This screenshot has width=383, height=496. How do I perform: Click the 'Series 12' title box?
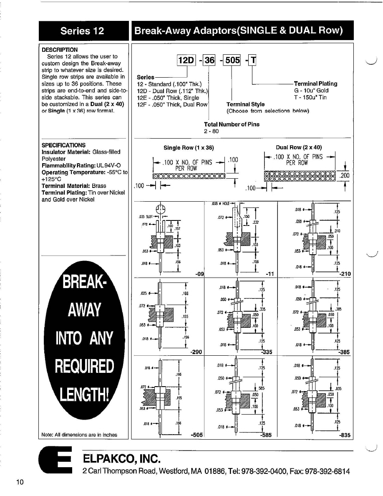coord(82,30)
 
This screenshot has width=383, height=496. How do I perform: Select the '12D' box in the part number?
coord(186,60)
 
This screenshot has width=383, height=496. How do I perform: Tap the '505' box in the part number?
coord(232,60)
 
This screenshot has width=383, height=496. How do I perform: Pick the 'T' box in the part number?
coord(253,60)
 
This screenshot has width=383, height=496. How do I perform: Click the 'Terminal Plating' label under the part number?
coord(315,84)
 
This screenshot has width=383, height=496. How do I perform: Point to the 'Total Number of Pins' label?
coord(232,124)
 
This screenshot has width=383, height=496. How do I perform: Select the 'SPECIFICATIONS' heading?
coord(64,145)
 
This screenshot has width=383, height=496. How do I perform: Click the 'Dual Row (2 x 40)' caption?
coord(299,147)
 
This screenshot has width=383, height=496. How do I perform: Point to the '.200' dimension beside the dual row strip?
coord(344,176)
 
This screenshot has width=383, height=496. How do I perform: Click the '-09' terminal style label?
coord(199,274)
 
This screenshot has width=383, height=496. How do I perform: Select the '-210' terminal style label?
coord(345,274)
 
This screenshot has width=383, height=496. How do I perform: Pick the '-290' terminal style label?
coord(197,352)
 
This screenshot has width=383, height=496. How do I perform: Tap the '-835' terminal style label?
coord(345,435)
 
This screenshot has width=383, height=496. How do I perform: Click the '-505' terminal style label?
coord(197,435)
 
